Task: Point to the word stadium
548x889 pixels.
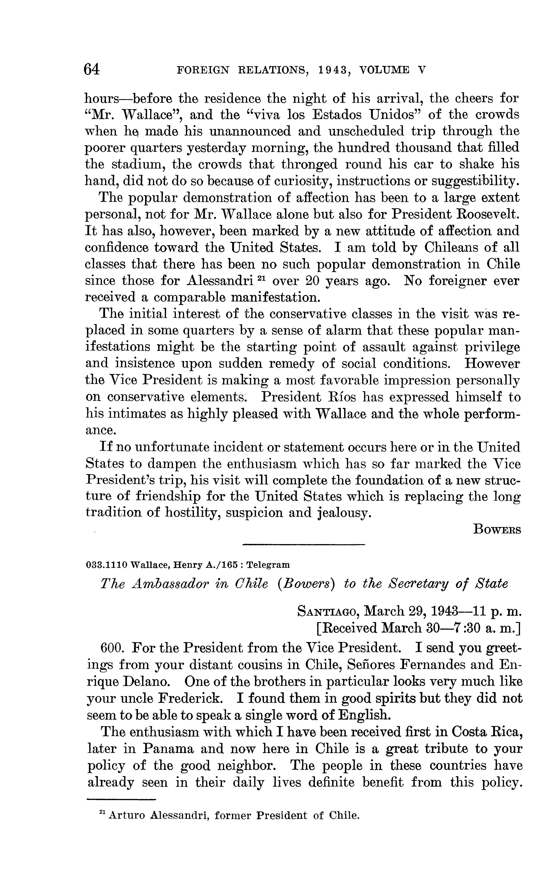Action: click(x=138, y=165)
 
